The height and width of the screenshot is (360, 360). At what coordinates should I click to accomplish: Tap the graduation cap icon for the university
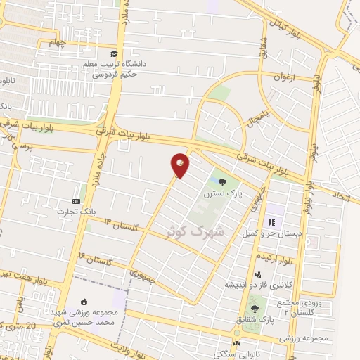coord(113,54)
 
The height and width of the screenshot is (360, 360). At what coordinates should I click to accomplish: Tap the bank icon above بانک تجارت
coord(77,202)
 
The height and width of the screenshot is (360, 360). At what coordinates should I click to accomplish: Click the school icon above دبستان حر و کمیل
coord(269,223)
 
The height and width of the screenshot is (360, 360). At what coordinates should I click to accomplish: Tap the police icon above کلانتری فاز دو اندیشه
coord(258,274)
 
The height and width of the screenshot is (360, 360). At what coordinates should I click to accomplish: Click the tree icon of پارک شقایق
coord(254,309)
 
